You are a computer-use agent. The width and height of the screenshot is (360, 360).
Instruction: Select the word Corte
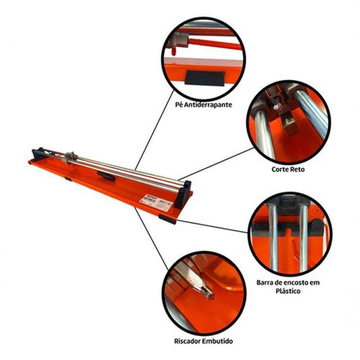coord(280,169)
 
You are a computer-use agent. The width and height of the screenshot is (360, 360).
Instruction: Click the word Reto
coord(297,169)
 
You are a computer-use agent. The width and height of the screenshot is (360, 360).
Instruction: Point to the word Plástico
coord(288,292)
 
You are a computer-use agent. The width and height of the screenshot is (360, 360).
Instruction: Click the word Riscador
coord(187,341)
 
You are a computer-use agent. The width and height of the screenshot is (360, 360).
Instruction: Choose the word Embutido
coord(217,341)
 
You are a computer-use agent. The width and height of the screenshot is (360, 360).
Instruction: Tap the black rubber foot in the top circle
coord(204,78)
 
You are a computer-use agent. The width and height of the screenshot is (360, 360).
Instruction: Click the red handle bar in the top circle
coord(215,44)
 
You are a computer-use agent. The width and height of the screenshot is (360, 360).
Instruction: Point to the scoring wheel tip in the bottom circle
coord(210,296)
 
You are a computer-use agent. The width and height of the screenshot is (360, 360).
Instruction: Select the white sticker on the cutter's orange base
coord(156,203)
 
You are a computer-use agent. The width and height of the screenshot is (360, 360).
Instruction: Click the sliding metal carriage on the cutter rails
coord(71,158)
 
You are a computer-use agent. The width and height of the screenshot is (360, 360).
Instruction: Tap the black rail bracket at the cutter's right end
coord(182,194)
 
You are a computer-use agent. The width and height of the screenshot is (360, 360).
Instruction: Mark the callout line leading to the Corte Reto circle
coord(216,164)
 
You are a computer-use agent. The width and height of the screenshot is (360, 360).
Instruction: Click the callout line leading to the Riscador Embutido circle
coord(151,238)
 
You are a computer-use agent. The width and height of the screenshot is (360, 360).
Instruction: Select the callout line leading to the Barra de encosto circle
coord(212,226)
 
